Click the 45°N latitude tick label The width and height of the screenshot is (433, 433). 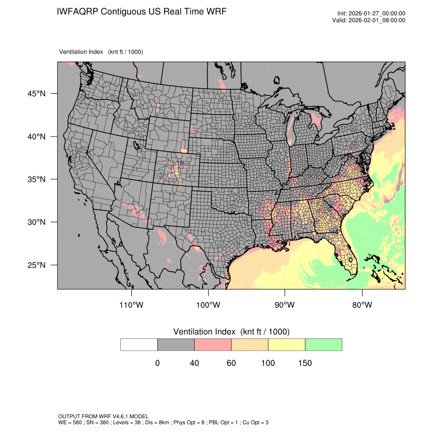click(x=36, y=94)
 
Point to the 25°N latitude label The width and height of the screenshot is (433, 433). click(x=36, y=265)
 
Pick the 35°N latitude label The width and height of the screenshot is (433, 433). click(x=36, y=179)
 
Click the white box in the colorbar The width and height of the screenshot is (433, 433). click(x=139, y=344)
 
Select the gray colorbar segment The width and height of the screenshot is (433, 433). click(x=176, y=344)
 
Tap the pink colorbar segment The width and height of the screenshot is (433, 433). click(x=213, y=344)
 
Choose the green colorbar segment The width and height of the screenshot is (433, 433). click(x=323, y=344)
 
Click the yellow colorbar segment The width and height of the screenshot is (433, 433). click(x=286, y=344)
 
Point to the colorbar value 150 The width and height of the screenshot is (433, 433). click(x=305, y=363)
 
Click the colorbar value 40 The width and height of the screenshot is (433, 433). click(x=194, y=363)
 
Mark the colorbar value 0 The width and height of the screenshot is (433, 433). click(x=157, y=363)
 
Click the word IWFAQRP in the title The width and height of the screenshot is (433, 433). click(x=77, y=11)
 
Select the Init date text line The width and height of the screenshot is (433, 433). click(x=371, y=14)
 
